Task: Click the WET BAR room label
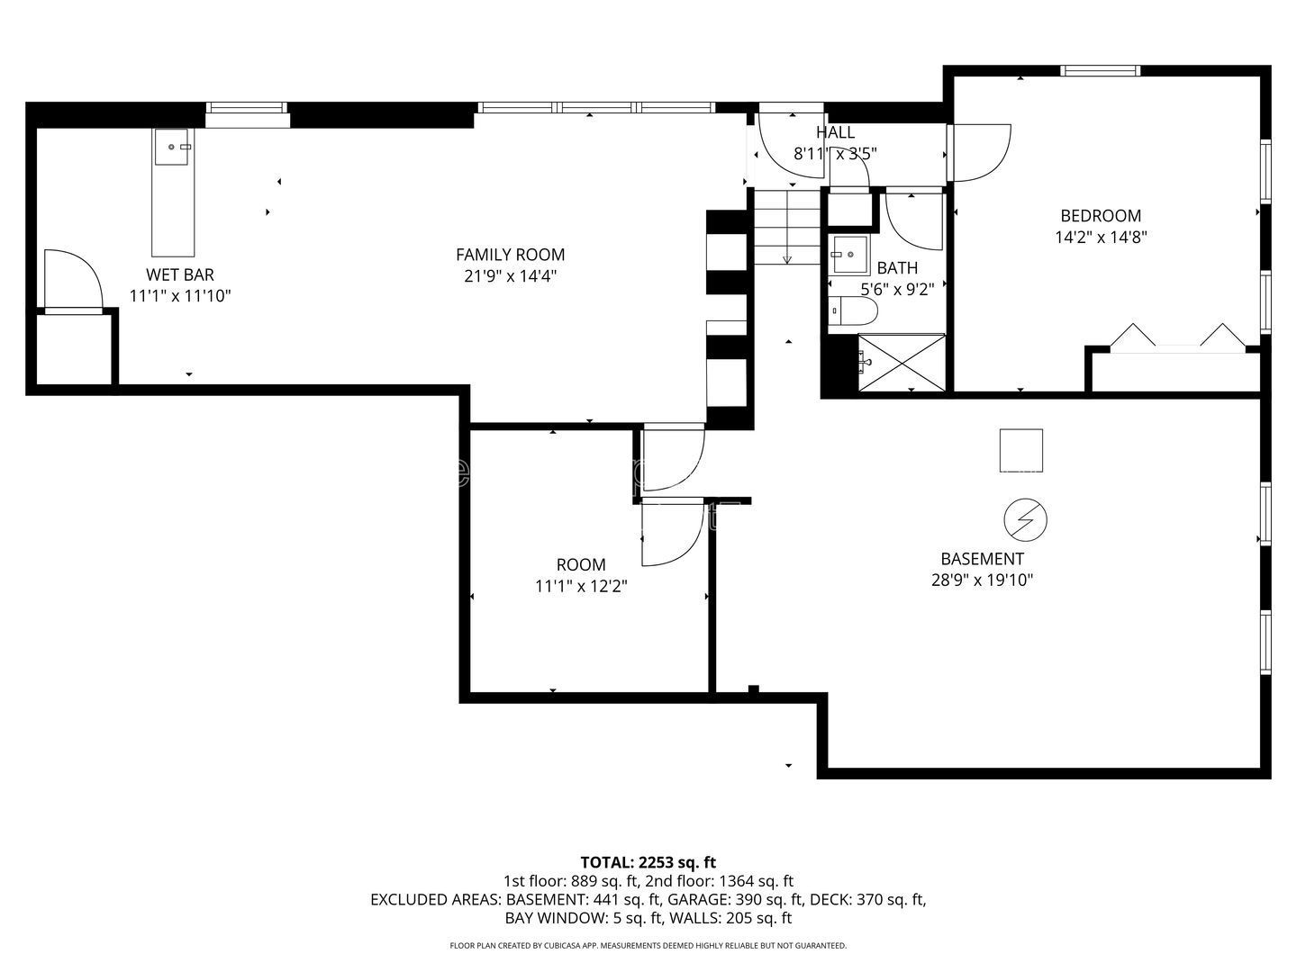click(180, 274)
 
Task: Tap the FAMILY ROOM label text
click(510, 255)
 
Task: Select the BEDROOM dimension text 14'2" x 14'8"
click(1100, 238)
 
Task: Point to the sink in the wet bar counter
click(172, 147)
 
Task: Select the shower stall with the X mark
click(901, 363)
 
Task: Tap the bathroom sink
click(848, 255)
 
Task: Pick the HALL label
click(835, 132)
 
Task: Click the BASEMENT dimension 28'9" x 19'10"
click(982, 580)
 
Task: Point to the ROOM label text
click(581, 565)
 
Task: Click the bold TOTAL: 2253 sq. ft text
click(648, 862)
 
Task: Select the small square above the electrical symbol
click(1020, 450)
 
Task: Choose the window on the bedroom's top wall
click(1100, 70)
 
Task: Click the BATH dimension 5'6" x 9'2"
click(897, 290)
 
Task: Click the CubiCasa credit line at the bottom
click(648, 946)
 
